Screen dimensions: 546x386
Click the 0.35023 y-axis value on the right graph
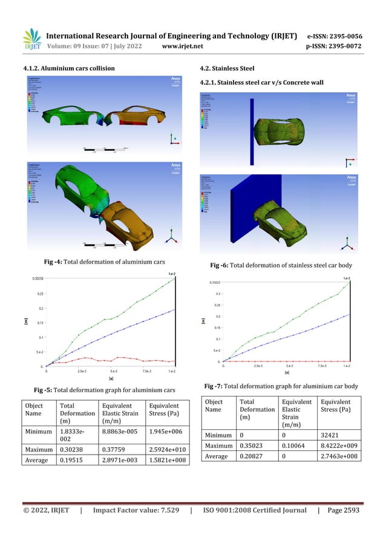214,283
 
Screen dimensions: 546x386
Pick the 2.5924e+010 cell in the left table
163,450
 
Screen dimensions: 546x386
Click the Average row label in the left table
37,461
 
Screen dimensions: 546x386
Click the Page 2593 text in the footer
343,511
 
